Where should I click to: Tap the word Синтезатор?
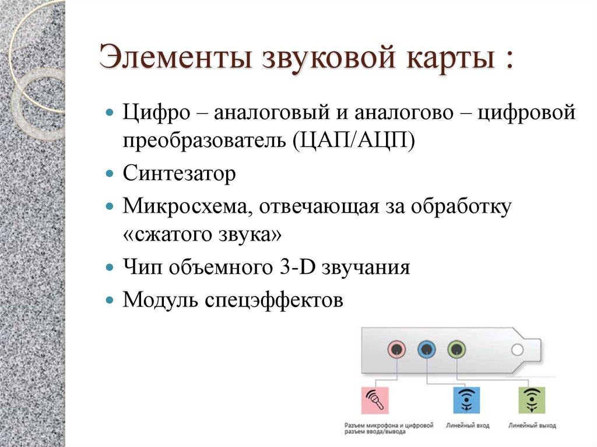coord(179,174)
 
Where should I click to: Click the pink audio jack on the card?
coord(396,350)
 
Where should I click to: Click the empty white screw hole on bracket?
coord(517,350)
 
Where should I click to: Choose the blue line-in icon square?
coord(466,400)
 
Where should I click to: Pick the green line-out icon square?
coord(531,400)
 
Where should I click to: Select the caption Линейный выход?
coord(531,425)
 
